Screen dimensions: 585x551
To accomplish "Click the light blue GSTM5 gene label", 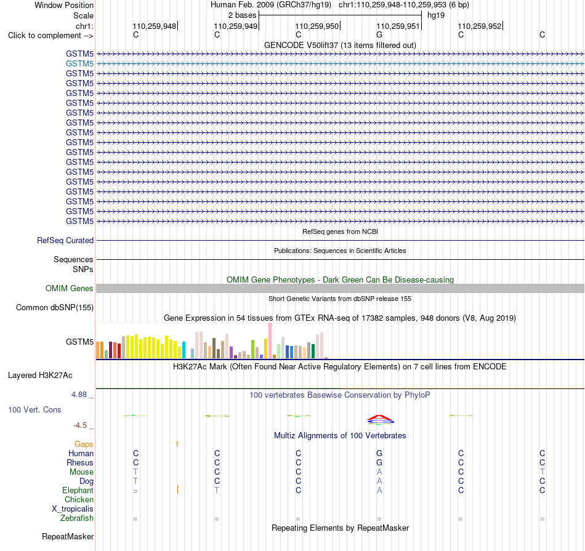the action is pos(79,64).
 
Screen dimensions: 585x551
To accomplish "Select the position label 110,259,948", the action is pos(154,26).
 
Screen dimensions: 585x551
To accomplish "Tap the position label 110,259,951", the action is pos(398,26).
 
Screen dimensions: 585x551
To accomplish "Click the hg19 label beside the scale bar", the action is pos(436,15).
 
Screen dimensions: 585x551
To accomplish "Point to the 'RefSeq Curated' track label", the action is pos(65,240).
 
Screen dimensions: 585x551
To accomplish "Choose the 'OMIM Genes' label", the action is pos(70,288).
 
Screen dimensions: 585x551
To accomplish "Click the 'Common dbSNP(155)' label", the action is pos(55,307).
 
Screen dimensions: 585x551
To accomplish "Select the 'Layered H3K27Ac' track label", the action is pos(40,376).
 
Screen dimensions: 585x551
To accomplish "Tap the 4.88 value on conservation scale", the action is pos(79,394).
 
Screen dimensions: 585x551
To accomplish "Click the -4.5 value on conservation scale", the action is pos(80,425).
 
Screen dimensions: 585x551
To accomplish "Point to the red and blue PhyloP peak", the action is pos(380,420).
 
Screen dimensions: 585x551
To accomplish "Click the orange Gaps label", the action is pos(84,444).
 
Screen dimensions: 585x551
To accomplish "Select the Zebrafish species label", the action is pos(77,518).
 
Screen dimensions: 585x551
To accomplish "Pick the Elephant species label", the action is pos(78,490).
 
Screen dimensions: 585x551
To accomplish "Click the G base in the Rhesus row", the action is pos(379,462).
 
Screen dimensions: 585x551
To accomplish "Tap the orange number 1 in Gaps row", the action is pos(177,444).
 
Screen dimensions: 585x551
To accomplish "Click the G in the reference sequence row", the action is pos(379,34).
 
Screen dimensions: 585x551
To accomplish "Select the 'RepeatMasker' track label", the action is pos(68,536).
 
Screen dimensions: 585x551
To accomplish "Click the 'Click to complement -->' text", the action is pos(50,36).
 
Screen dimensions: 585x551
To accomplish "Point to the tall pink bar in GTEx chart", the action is pos(270,340).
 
